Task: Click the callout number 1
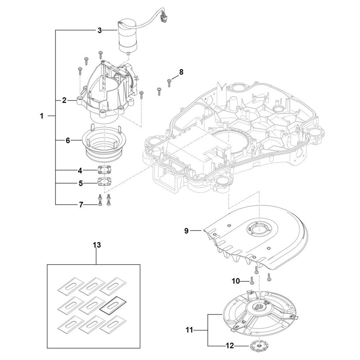(x=41, y=116)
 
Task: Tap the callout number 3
(x=99, y=30)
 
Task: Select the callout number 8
(x=181, y=72)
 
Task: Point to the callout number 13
(x=97, y=245)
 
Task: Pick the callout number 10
(x=236, y=281)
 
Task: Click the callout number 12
(x=230, y=346)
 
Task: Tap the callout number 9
(x=186, y=231)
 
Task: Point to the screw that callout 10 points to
(x=252, y=280)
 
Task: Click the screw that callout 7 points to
(x=100, y=203)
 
